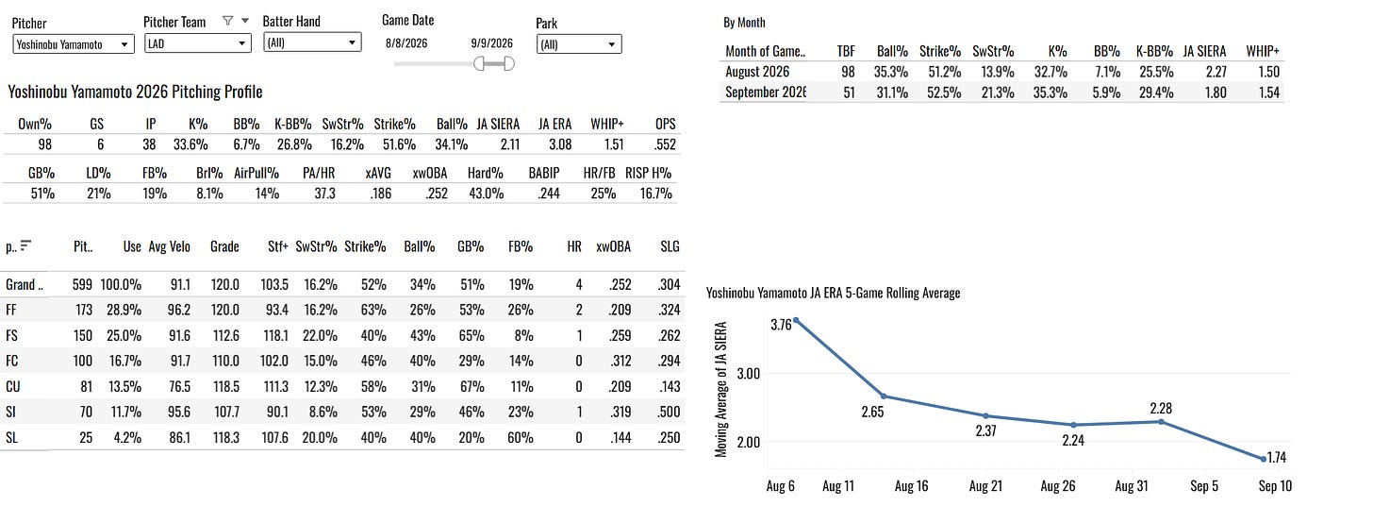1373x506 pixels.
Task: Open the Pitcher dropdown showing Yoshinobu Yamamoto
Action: [x=73, y=44]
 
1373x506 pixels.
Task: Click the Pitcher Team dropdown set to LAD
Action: [x=197, y=43]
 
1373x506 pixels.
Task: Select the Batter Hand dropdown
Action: [x=312, y=42]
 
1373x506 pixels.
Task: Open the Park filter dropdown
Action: [x=579, y=44]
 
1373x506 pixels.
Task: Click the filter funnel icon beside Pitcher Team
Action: [x=227, y=21]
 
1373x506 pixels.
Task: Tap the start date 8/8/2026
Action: [x=406, y=42]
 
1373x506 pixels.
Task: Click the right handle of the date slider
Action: [x=509, y=64]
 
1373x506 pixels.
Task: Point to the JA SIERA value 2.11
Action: [x=510, y=144]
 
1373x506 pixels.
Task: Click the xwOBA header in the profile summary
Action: [x=430, y=174]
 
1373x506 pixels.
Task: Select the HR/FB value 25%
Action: [x=604, y=194]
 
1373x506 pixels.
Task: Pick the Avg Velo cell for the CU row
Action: [x=179, y=387]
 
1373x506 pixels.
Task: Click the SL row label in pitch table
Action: [x=11, y=438]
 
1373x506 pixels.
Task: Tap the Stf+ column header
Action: [x=277, y=246]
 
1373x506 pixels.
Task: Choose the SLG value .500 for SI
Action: [x=669, y=413]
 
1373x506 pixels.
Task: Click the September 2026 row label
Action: [x=766, y=92]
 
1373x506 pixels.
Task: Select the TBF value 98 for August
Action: [x=848, y=72]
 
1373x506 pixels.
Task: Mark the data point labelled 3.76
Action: [x=796, y=320]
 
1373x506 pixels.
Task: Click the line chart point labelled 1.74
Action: [x=1264, y=459]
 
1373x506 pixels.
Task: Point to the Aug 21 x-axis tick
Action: [x=985, y=486]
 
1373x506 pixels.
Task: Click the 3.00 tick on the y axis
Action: [x=748, y=374]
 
